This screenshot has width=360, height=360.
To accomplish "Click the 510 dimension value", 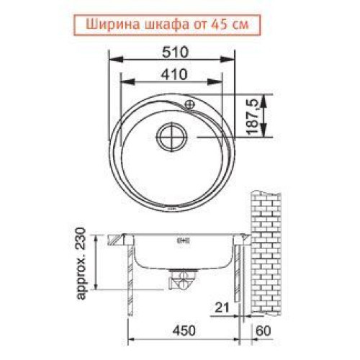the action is [175, 53].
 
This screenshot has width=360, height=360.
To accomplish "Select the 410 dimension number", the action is [174, 74].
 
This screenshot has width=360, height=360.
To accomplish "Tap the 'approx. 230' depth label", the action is [81, 264].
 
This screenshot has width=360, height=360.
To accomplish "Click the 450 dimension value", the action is [184, 330].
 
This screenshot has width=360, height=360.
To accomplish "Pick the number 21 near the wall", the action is [222, 307].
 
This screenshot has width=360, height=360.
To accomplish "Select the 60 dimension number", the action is [264, 330].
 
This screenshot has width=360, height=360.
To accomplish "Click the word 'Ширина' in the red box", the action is [113, 24].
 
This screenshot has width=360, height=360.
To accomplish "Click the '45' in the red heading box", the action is [217, 24].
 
